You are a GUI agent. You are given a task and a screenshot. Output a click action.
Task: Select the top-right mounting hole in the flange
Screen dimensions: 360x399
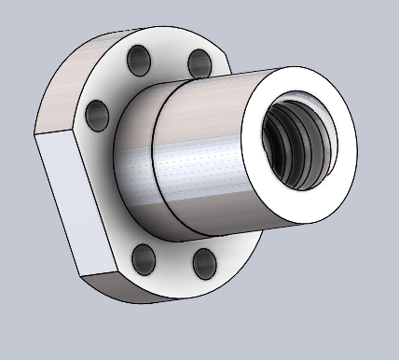click(199, 62)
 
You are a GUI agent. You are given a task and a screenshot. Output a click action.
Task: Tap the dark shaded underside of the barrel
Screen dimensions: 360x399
click(205, 219)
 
